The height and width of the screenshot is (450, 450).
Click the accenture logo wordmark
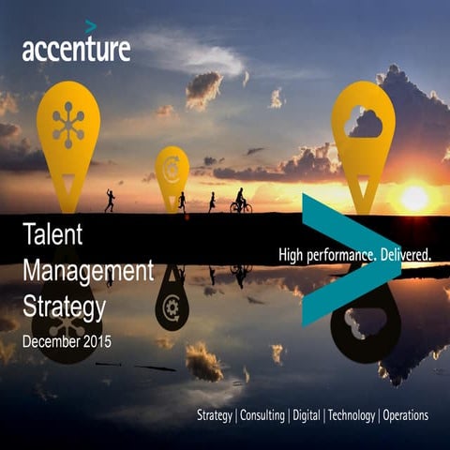[x=76, y=49]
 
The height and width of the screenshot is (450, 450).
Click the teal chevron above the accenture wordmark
[x=90, y=26]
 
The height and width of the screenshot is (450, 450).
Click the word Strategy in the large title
[x=62, y=306]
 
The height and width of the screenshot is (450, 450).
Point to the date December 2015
[x=66, y=342]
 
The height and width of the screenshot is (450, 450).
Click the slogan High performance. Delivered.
[x=354, y=255]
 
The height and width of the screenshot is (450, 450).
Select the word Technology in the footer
[x=351, y=415]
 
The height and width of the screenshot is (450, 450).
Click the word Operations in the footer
[x=405, y=415]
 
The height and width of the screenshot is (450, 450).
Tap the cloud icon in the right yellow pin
[x=364, y=123]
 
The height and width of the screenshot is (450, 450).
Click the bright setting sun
[x=413, y=198]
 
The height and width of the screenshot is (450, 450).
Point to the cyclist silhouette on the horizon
[x=240, y=202]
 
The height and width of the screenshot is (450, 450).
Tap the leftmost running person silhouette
[x=110, y=201]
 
